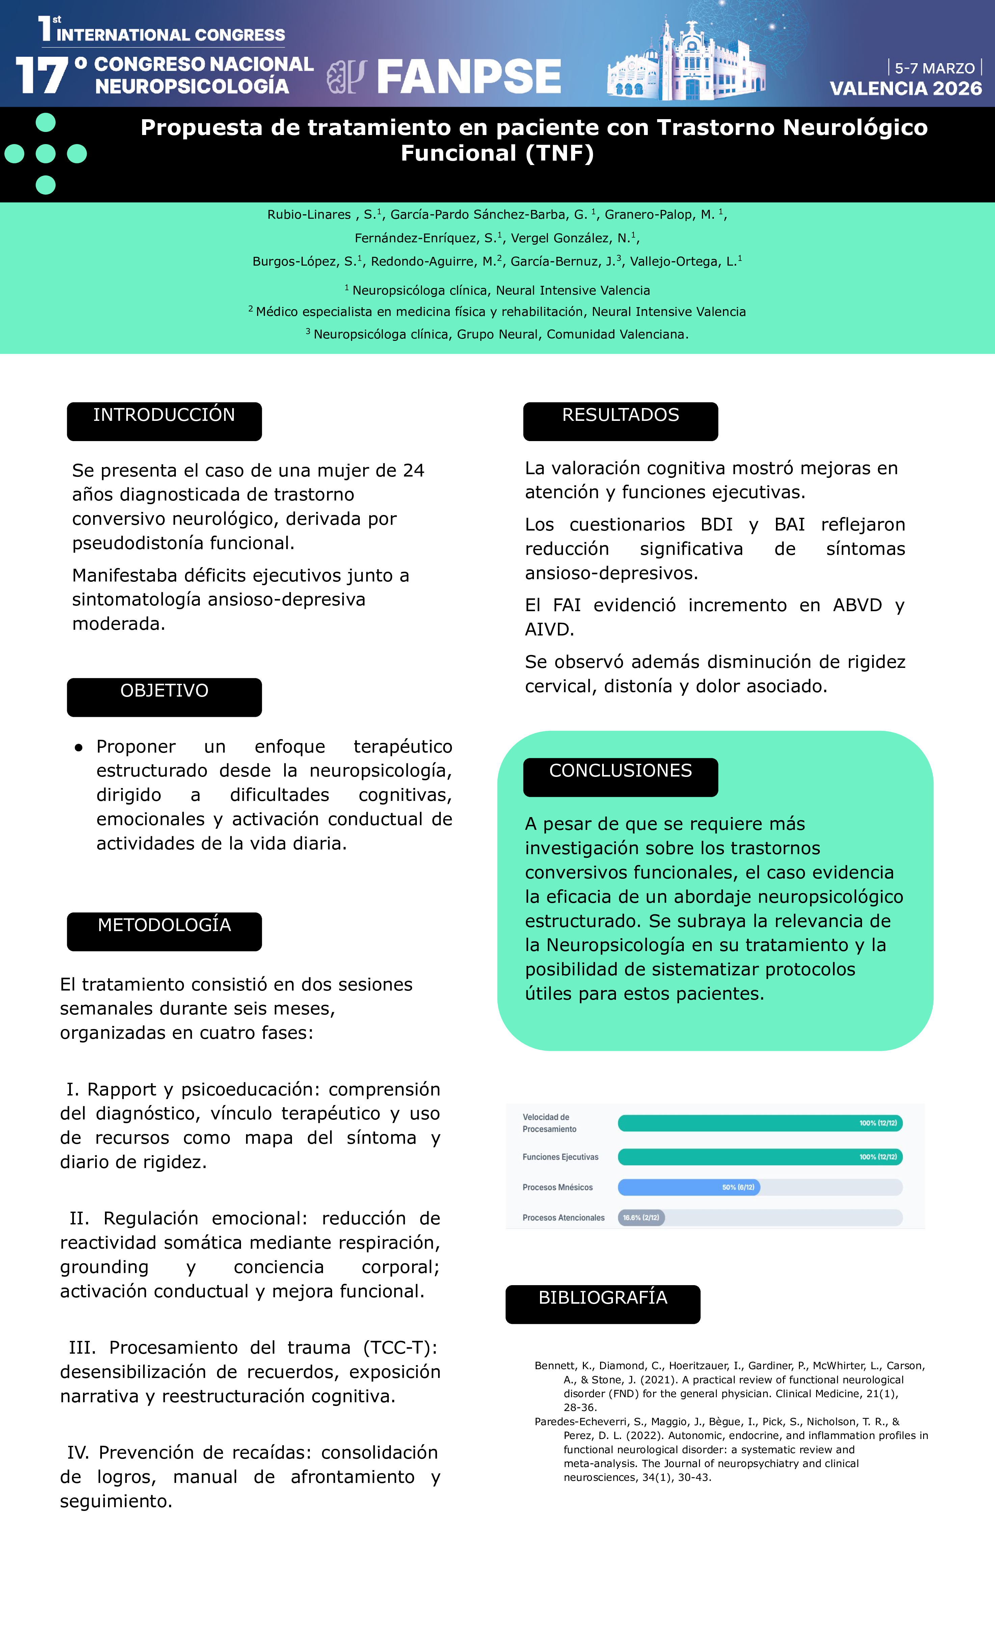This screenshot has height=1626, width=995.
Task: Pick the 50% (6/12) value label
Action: point(738,1187)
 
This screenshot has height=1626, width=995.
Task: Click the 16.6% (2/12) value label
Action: point(641,1218)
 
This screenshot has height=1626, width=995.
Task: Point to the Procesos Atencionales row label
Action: point(563,1218)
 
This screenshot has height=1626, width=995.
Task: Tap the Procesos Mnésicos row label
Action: point(558,1187)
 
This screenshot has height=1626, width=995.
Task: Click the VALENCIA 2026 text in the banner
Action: point(905,88)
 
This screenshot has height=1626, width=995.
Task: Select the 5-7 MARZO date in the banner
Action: point(934,68)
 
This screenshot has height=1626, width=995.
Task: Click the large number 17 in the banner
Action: point(42,75)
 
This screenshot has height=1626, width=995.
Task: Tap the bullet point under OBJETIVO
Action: point(79,748)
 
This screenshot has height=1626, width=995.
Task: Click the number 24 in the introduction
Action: point(413,470)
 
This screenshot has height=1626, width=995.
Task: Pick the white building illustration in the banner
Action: point(686,66)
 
